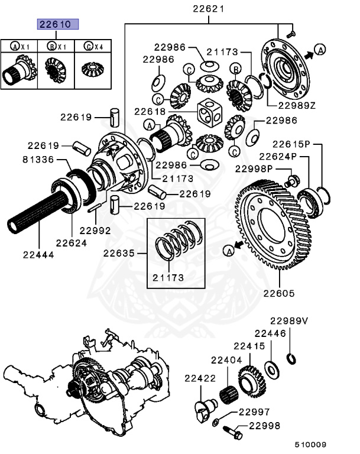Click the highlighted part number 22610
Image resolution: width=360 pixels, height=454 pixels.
click(54, 25)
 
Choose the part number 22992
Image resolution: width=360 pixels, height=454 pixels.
click(95, 231)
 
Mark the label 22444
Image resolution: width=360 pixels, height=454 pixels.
click(39, 255)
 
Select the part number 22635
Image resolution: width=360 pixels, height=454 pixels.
click(119, 254)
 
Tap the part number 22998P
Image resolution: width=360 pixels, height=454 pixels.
click(255, 169)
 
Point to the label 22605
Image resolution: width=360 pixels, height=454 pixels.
click(279, 293)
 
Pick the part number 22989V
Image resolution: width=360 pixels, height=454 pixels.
click(290, 321)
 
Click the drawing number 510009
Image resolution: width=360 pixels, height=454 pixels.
click(311, 443)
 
